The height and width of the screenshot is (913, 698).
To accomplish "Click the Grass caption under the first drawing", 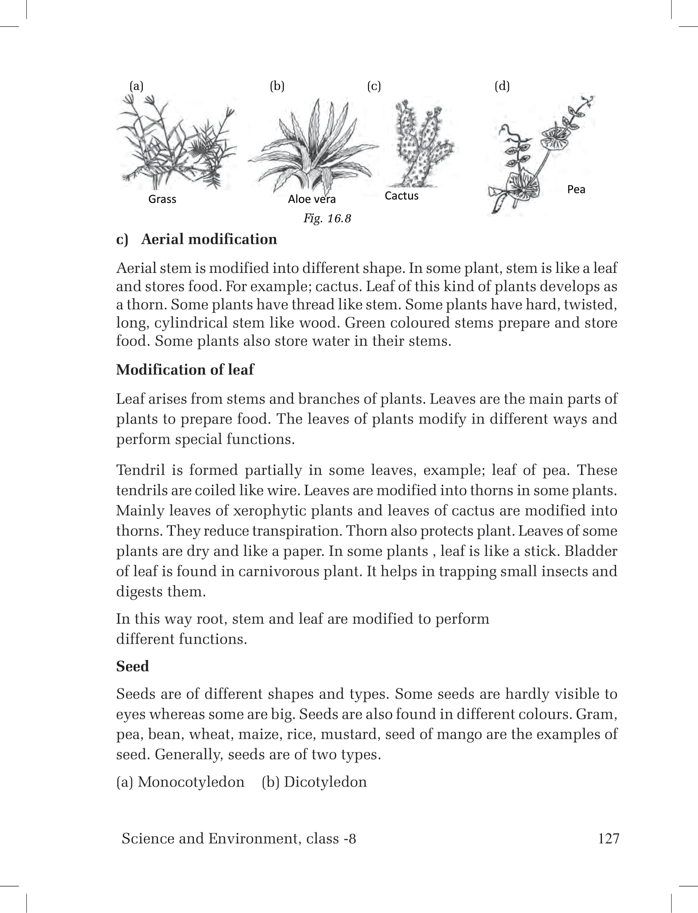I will (162, 199).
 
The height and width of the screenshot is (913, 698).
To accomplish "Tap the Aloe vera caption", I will (312, 199).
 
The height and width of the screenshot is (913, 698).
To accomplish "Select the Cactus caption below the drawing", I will (401, 196).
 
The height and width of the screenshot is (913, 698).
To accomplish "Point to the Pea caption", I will (576, 189).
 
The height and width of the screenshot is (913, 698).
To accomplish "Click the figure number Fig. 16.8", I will (327, 218).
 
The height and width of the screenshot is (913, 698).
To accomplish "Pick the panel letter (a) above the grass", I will (137, 86).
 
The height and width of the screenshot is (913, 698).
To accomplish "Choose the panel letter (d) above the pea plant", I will (502, 86).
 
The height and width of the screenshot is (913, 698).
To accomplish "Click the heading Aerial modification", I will (209, 239).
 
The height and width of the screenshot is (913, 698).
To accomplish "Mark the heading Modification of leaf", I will (185, 369).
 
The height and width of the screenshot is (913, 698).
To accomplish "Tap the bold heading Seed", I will (132, 666).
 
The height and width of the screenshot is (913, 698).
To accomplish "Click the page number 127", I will (609, 838).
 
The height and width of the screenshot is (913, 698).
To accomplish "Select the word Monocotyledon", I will (191, 782).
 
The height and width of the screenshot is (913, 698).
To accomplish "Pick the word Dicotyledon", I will (325, 782).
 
